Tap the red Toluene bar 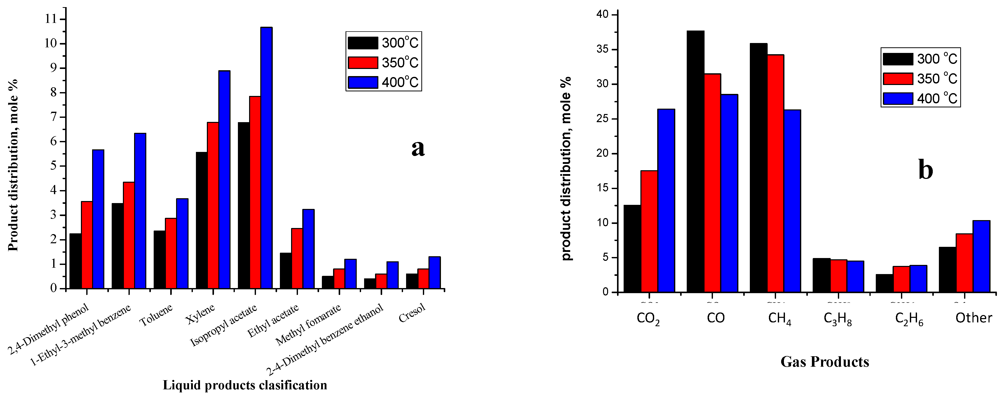(170, 253)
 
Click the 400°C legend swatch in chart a (363, 82)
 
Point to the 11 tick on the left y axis (51, 19)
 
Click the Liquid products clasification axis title (245, 385)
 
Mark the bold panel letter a (418, 148)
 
